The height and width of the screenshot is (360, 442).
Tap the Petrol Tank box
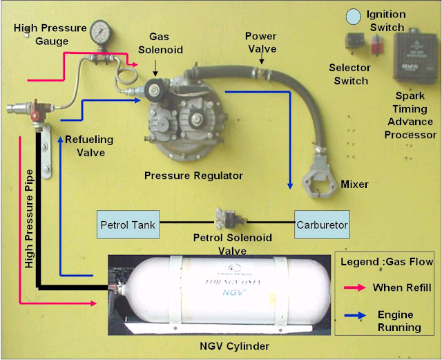point(128,225)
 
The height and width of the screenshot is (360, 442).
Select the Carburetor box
point(322,225)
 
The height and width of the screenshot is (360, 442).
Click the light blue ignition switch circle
point(353,15)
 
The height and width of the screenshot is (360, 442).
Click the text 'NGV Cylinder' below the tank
point(239,345)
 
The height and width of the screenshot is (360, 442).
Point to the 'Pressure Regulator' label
point(193,176)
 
